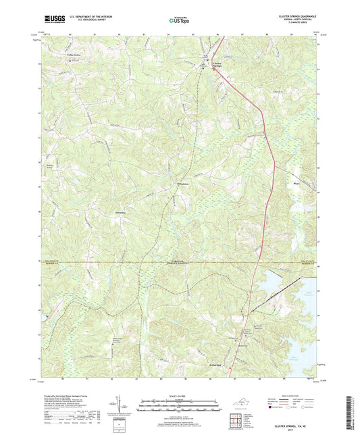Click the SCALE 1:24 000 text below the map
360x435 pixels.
179,395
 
